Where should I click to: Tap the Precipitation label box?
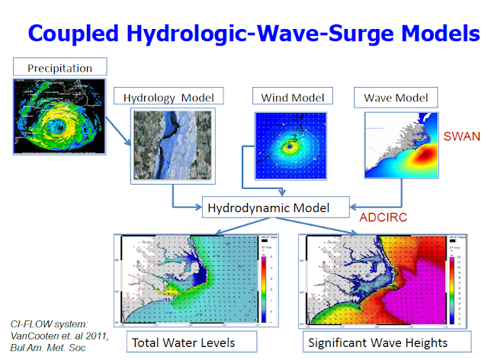59,68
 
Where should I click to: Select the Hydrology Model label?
169,96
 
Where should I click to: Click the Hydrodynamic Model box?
275,206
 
